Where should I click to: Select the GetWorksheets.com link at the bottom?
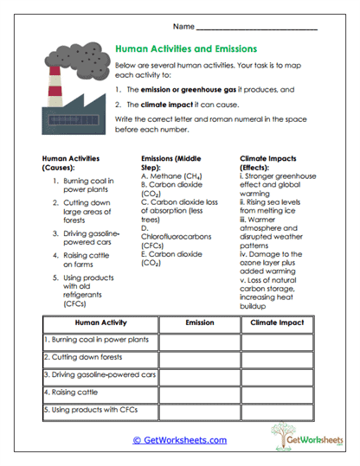[x=180, y=440]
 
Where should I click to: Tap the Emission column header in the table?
[x=199, y=322]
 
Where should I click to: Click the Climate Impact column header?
[x=276, y=322]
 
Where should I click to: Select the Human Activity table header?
[x=101, y=322]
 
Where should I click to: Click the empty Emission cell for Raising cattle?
[x=199, y=392]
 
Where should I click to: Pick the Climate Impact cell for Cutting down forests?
[x=276, y=357]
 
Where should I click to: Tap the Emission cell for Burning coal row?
[x=199, y=340]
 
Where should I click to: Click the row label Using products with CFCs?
[x=90, y=409]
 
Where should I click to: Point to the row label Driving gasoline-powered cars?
[x=100, y=374]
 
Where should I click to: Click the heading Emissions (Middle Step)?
[x=170, y=164]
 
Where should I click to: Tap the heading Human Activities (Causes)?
[x=71, y=164]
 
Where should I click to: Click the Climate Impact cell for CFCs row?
[x=276, y=409]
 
